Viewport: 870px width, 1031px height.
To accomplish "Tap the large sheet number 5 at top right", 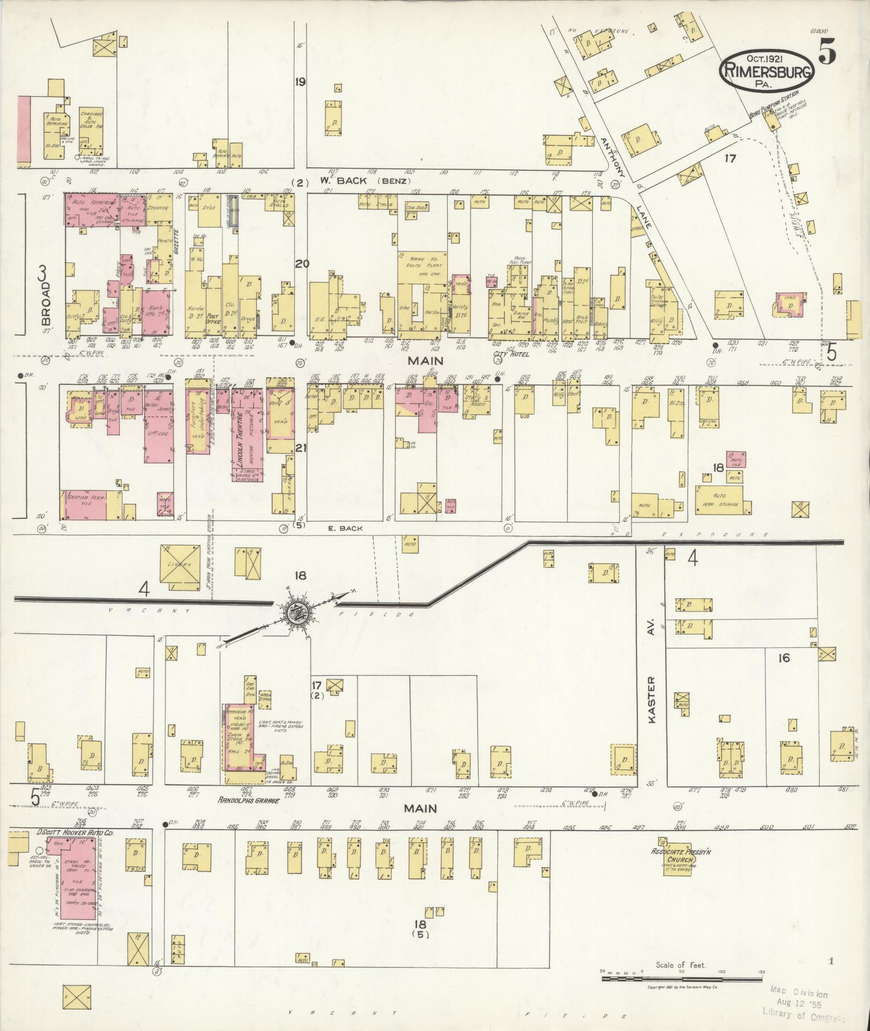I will [827, 52].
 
